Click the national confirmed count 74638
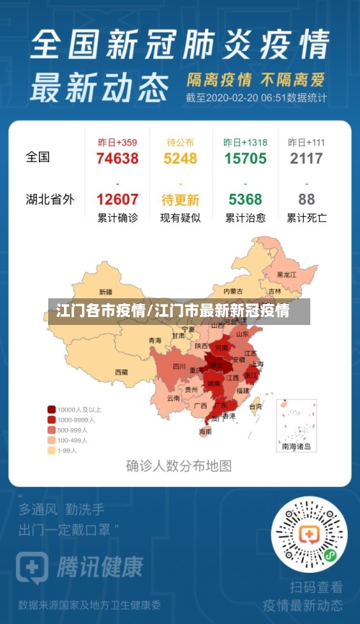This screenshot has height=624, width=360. (117, 159)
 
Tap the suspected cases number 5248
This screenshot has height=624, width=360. (180, 159)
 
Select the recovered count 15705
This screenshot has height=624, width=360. (245, 159)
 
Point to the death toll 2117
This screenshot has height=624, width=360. (306, 159)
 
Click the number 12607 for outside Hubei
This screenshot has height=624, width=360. (117, 200)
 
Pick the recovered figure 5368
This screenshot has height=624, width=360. (245, 200)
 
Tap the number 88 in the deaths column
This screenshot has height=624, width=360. (306, 200)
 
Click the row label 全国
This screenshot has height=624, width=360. (38, 156)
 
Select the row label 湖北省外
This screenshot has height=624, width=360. (50, 199)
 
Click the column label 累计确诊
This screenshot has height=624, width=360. (117, 218)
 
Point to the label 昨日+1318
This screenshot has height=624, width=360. (245, 142)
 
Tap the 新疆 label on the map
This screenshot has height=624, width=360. (105, 293)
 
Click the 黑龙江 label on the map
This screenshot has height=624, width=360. (287, 275)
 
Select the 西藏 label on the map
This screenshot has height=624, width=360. (121, 373)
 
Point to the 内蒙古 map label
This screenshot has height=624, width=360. (233, 291)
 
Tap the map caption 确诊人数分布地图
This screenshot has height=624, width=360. (179, 465)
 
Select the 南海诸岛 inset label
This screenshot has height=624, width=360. (297, 447)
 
